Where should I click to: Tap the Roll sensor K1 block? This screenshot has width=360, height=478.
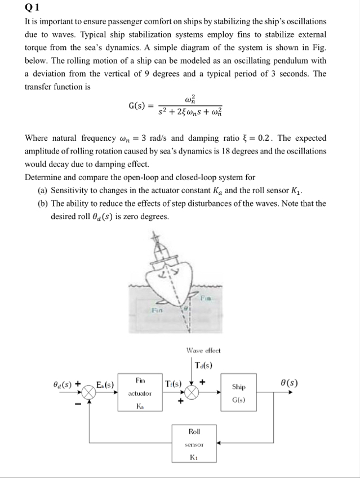pyautogui.click(x=194, y=445)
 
